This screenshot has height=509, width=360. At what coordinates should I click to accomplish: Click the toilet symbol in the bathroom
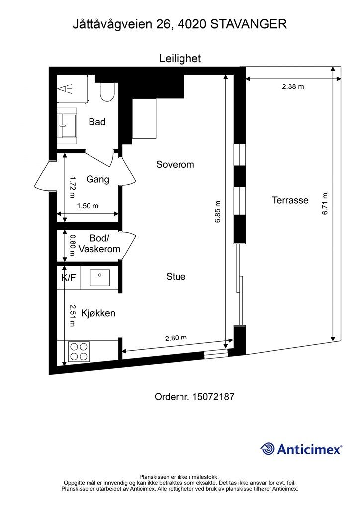point(107,91)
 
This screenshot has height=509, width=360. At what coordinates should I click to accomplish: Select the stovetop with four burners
point(79,352)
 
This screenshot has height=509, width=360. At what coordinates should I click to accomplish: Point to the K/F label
point(69,277)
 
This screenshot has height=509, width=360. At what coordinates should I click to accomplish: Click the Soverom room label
point(175,164)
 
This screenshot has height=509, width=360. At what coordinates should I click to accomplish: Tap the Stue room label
point(176,276)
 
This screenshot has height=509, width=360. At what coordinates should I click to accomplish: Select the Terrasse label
point(290,200)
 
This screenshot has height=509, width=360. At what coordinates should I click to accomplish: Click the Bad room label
point(97,122)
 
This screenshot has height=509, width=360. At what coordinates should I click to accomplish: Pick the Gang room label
point(98,179)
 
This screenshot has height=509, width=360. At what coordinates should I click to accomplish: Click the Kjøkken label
point(98,313)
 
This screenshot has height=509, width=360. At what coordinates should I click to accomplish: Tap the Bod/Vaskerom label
point(99,244)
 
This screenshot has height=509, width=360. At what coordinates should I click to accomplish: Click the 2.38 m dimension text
point(293,86)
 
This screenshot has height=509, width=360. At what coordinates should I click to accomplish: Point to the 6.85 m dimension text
point(217,212)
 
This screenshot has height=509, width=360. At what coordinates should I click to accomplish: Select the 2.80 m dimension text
point(176,338)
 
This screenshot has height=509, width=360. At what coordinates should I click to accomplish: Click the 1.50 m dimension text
point(88,206)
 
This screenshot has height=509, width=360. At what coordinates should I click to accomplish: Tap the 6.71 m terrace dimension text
point(325,204)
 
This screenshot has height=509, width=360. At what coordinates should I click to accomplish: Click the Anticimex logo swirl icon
point(268,449)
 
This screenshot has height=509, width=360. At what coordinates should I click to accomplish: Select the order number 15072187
point(213,397)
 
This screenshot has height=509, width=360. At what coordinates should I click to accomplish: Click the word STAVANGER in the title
point(249,24)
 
